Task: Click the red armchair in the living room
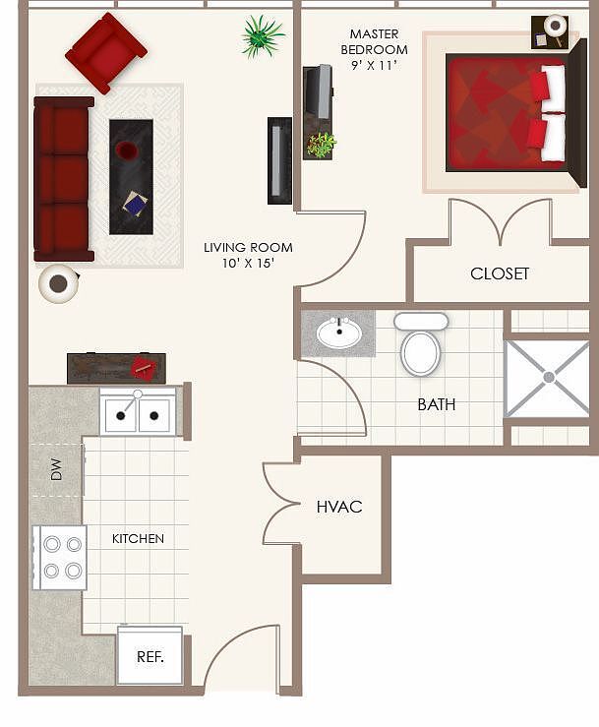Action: coord(105,52)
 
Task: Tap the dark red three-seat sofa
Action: coord(63,179)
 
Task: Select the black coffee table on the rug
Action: coord(131,176)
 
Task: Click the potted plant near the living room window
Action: coord(262,35)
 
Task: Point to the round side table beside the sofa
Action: coord(59,283)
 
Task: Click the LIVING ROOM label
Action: coord(248,255)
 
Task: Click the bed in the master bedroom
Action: coord(506,112)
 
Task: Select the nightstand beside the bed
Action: coord(550,30)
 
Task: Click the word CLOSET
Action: coord(500,273)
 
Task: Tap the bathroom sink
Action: coord(339,333)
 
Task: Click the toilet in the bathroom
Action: coord(420,344)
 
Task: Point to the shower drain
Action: coord(548,377)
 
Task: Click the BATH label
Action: coord(436,404)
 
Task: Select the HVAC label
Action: coord(339,507)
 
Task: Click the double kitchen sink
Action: coord(138,412)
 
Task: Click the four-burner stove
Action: coord(60,557)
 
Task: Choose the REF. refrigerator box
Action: coord(150,656)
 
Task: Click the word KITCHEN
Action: coord(138,539)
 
